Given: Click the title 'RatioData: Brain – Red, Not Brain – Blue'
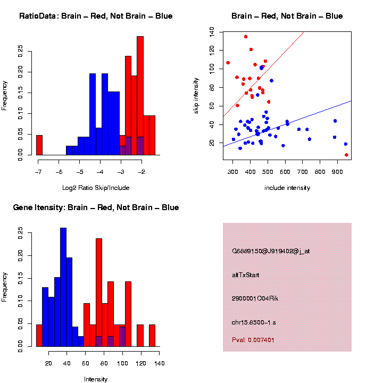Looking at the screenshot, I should click(96, 16).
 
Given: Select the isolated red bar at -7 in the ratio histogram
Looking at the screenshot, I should click(39, 145).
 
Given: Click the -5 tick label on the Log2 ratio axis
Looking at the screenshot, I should click(79, 172).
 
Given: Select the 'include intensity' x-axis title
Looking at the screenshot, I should click(287, 188).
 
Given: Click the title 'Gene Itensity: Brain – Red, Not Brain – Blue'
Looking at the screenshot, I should click(96, 207).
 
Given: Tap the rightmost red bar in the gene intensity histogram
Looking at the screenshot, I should click(152, 335).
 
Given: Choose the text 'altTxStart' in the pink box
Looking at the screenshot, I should click(245, 275).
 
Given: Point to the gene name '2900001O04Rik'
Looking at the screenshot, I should click(255, 298).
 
